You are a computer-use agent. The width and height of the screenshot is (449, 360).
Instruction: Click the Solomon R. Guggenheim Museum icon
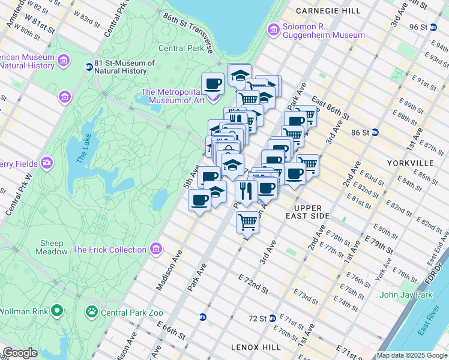[274, 29]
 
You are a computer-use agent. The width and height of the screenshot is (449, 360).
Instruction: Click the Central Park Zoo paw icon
[91, 311]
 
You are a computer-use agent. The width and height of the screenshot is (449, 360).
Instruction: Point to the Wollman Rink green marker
[57, 311]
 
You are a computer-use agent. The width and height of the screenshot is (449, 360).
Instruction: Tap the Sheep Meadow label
[52, 247]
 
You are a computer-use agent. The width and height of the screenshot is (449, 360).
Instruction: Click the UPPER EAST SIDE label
[321, 211]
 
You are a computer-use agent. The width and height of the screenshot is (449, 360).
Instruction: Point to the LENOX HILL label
[256, 347]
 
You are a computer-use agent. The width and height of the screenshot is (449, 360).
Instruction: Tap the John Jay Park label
[406, 295]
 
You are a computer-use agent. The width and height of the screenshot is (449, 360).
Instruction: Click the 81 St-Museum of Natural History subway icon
[89, 67]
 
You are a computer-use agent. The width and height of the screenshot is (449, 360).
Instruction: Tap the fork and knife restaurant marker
[246, 191]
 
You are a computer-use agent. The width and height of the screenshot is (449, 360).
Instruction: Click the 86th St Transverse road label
[188, 28]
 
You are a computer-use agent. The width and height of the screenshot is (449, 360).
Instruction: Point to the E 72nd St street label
[253, 284]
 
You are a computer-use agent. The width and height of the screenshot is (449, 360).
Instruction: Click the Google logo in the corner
[20, 353]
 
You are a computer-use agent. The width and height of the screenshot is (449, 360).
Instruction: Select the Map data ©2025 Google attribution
[412, 355]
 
